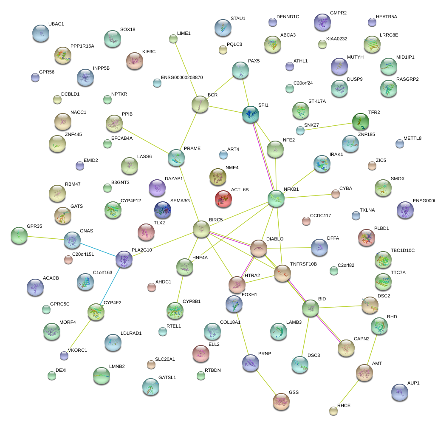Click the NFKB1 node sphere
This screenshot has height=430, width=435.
pos(276,198)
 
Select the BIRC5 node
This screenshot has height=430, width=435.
pos(201,229)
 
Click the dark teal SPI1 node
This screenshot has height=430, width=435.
pos(251,115)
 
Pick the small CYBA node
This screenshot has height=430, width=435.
pos(336,194)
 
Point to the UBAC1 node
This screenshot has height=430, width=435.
pos(41,33)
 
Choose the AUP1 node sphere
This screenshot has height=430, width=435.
pos(399,392)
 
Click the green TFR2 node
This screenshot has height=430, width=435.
pos(361,122)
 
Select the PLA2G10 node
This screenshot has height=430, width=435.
pos(124,259)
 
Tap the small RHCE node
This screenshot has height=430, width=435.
pos(333,410)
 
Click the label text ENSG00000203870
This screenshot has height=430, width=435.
pos(182,78)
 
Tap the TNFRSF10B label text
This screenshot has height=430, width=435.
pos(303,264)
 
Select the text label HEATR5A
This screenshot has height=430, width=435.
pos(387,17)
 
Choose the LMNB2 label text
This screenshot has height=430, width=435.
pos(117,366)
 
